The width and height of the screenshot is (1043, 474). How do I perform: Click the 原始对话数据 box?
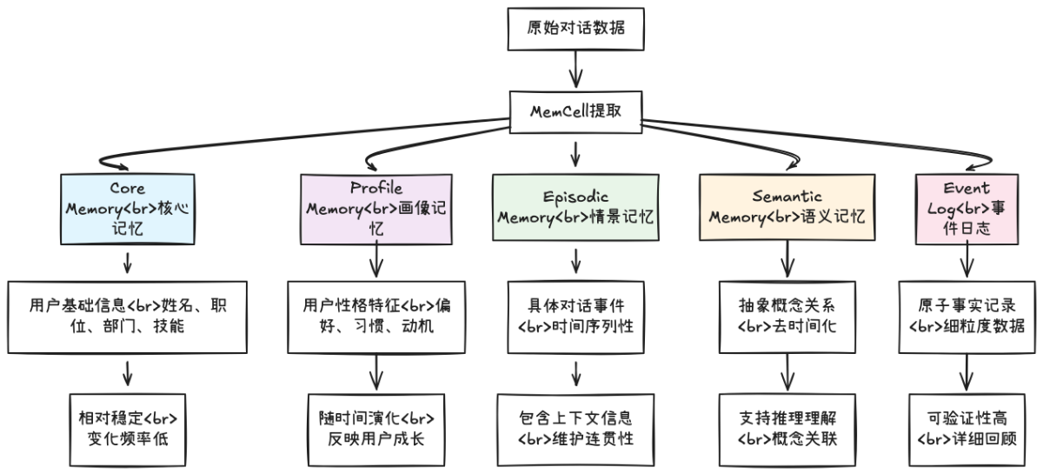(x=575, y=27)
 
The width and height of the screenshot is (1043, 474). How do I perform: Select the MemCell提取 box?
(x=575, y=111)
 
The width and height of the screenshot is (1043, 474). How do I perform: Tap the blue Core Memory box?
(x=127, y=210)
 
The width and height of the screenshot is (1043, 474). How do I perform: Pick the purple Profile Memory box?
(x=376, y=210)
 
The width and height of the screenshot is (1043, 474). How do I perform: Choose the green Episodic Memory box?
(x=575, y=209)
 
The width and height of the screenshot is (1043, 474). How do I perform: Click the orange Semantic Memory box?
(x=787, y=209)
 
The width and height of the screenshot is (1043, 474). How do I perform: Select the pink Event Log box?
(x=966, y=209)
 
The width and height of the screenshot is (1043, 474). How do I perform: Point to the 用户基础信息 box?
(x=127, y=317)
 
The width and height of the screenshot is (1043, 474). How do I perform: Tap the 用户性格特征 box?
(x=376, y=317)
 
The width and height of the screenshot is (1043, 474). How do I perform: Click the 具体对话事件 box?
(x=575, y=317)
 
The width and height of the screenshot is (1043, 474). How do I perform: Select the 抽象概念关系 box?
(x=787, y=317)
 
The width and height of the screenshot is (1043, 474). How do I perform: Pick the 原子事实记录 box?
(x=966, y=317)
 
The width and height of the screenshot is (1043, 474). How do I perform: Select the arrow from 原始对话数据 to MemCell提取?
(x=575, y=69)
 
